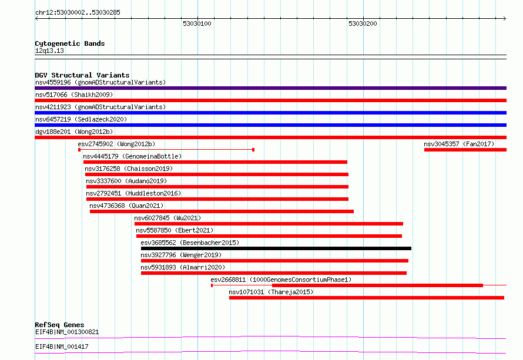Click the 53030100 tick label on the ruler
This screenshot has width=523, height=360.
click(x=197, y=23)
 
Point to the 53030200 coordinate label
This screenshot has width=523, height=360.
click(x=363, y=23)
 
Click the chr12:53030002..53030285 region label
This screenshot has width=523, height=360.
click(x=78, y=12)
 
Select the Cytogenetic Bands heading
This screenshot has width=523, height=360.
click(x=70, y=43)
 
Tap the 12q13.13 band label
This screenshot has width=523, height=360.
click(x=49, y=51)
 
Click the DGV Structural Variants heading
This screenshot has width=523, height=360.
click(x=82, y=75)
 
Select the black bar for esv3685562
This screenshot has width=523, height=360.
click(x=276, y=248)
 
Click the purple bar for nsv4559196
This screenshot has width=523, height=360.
click(x=270, y=88)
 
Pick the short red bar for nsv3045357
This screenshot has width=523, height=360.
click(x=465, y=150)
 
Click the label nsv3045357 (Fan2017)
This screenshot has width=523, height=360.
click(x=459, y=144)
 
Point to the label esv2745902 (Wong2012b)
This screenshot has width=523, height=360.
click(x=116, y=144)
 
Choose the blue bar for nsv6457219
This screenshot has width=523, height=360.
click(x=270, y=125)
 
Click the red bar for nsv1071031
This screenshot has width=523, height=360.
click(x=367, y=298)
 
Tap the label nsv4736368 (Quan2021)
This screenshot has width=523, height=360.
click(x=126, y=206)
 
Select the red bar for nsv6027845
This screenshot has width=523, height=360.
click(x=269, y=224)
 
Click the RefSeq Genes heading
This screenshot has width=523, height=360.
click(x=59, y=325)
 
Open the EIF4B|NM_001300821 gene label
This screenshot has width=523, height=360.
click(x=67, y=332)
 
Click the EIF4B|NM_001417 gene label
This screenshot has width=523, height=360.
click(x=62, y=346)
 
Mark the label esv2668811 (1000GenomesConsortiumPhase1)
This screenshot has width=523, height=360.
click(x=281, y=280)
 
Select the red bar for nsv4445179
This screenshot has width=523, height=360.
click(x=215, y=162)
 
